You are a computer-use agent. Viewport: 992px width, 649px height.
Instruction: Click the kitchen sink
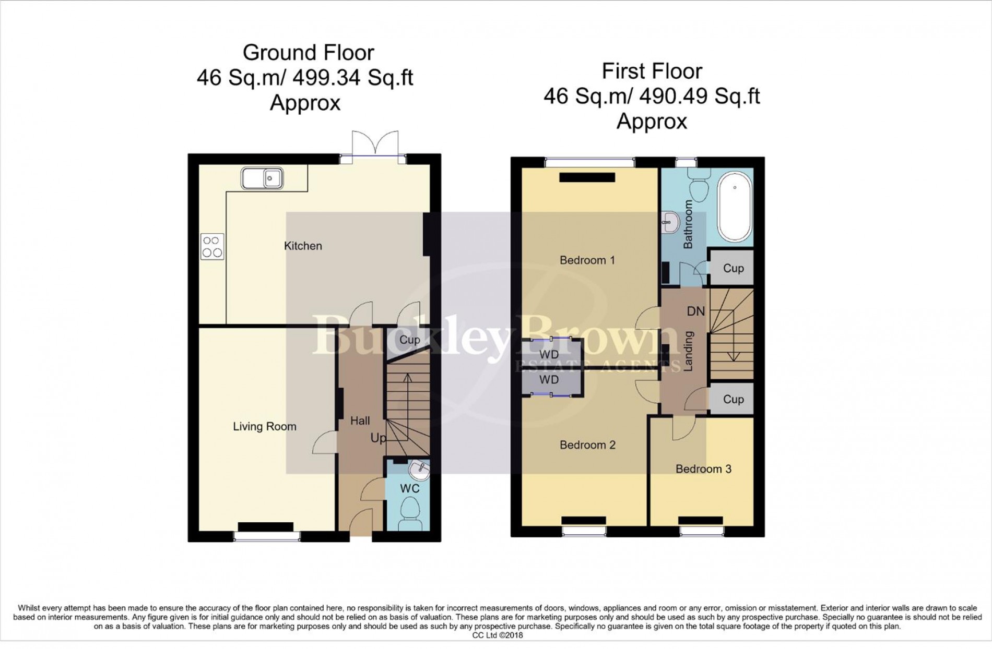(x=262, y=178)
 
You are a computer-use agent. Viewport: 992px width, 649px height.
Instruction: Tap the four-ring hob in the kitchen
(x=212, y=247)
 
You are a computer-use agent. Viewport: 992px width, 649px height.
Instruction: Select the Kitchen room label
(x=303, y=246)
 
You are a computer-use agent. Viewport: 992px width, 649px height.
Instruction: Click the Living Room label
(x=265, y=426)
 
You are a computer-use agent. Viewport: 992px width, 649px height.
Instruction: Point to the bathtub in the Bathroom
(x=735, y=208)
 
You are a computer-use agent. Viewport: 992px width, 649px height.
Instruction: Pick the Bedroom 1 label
(x=587, y=260)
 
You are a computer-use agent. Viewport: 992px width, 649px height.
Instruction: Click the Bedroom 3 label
(x=703, y=468)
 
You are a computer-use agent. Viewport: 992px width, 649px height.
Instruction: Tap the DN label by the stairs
(x=695, y=311)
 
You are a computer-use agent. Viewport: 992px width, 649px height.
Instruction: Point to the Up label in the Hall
(x=379, y=438)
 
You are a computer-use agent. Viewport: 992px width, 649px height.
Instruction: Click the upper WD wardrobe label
(x=549, y=354)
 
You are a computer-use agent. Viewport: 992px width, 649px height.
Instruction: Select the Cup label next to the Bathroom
(x=733, y=268)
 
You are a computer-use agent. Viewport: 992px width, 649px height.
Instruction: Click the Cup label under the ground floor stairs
(x=410, y=340)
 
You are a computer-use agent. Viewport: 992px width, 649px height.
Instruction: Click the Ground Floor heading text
(x=309, y=53)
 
